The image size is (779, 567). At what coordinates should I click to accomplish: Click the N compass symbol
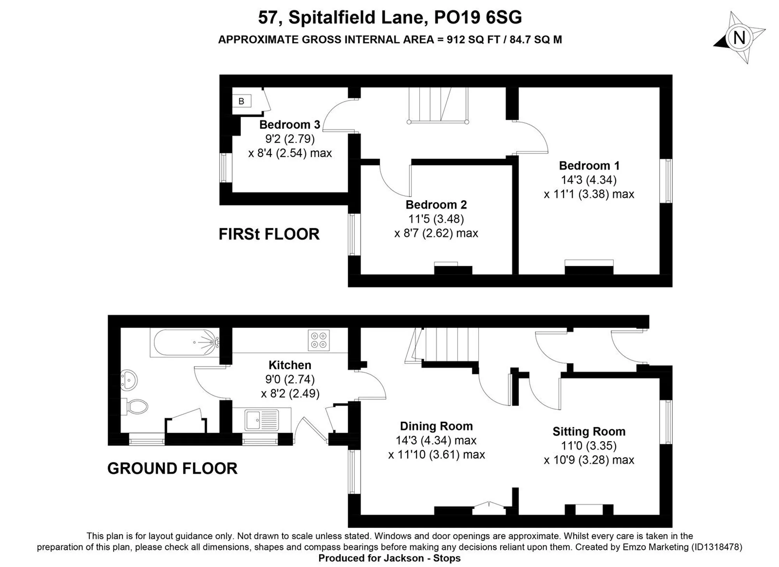click(739, 38)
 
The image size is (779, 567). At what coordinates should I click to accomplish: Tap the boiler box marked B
click(241, 101)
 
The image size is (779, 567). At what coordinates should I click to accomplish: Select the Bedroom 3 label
click(290, 125)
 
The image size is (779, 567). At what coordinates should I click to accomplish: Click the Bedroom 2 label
click(436, 204)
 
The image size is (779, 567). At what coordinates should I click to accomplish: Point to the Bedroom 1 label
click(589, 166)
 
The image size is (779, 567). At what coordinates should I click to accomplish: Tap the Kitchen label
click(290, 365)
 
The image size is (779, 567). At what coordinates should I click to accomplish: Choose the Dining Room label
click(436, 426)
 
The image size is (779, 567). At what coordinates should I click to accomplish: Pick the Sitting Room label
click(589, 431)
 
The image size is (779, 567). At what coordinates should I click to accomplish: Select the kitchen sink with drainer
click(262, 420)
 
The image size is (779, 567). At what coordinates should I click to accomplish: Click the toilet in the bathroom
click(134, 407)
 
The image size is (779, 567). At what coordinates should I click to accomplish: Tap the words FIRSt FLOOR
click(269, 234)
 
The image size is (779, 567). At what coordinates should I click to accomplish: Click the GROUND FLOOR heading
click(172, 468)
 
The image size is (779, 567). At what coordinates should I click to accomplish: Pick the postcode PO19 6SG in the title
click(478, 18)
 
